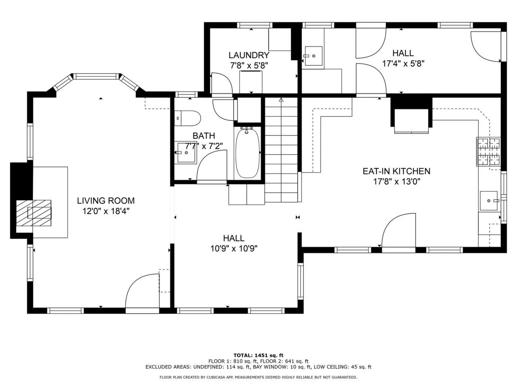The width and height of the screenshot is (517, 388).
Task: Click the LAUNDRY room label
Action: [x=249, y=55]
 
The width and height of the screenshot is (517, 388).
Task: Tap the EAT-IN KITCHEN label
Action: [x=396, y=171]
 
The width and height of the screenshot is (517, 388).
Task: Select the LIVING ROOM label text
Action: [x=106, y=200]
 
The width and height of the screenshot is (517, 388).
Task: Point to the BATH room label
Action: [x=204, y=136]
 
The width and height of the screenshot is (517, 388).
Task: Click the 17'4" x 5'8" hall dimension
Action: [x=403, y=63]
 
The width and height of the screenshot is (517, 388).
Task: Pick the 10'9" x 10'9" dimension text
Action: [x=233, y=249]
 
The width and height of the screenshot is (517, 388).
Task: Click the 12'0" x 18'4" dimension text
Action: [x=106, y=211]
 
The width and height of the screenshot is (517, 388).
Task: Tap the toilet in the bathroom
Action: [x=187, y=118]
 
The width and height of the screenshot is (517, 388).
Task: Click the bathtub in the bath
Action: [x=248, y=153]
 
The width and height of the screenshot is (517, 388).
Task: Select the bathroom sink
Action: [x=186, y=153]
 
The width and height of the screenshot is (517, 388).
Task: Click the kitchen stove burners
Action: [x=488, y=152]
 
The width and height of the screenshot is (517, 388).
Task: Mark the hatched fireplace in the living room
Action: [x=34, y=213]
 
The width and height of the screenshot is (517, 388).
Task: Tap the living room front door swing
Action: [x=143, y=291]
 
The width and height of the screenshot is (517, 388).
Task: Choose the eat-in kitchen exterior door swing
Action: [x=399, y=230]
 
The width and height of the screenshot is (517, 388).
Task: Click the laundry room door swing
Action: [x=222, y=83]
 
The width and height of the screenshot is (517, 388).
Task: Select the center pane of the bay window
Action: [x=96, y=76]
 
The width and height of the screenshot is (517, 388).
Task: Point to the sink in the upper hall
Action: [x=313, y=56]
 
